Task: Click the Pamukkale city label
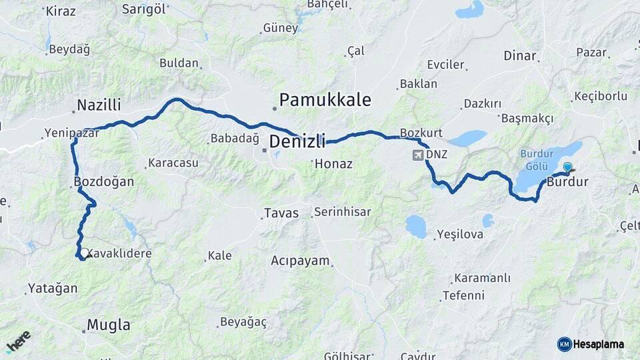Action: (x=325, y=100)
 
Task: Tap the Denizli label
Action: (x=297, y=141)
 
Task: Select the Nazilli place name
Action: (x=99, y=105)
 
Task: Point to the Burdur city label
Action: (x=567, y=181)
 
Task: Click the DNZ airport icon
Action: (x=418, y=155)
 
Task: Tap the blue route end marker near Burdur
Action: (x=567, y=167)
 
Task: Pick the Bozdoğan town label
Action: (x=105, y=181)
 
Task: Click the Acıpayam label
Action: (x=301, y=261)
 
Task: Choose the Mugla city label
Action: (x=109, y=325)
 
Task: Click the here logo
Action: (x=18, y=341)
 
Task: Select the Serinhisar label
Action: (x=342, y=212)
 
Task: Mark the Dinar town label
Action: (x=520, y=55)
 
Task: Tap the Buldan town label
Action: (x=179, y=63)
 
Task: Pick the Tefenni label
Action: (x=463, y=295)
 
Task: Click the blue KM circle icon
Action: (x=564, y=344)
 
